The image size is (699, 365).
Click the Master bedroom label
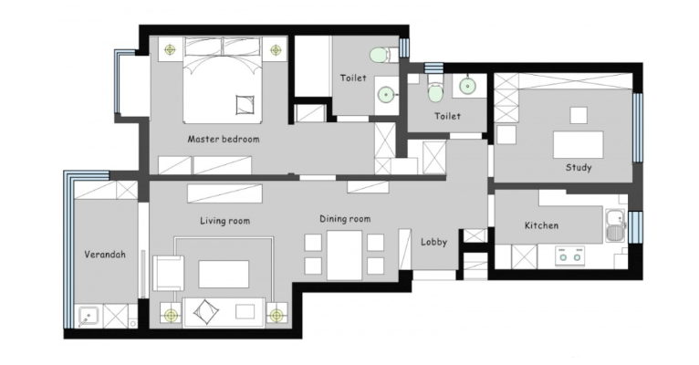point(224,139)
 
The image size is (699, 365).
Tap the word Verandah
point(105,255)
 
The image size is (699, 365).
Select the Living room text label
point(224,221)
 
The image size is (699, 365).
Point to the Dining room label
point(345,219)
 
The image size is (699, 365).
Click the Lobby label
point(433,242)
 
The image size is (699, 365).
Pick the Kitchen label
point(541,225)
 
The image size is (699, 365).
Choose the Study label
point(579,168)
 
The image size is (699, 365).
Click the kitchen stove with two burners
point(569,256)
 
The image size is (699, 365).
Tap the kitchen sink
point(616,225)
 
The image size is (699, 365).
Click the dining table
point(345,255)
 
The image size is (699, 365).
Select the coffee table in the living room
point(224,274)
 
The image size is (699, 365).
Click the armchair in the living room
point(168,273)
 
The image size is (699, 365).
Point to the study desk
point(579,144)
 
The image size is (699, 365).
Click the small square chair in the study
point(579,115)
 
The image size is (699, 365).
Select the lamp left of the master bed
point(170,49)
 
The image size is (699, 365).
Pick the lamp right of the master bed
point(276,50)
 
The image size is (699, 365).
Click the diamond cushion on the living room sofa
point(206,311)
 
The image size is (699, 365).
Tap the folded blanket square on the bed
point(245,104)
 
